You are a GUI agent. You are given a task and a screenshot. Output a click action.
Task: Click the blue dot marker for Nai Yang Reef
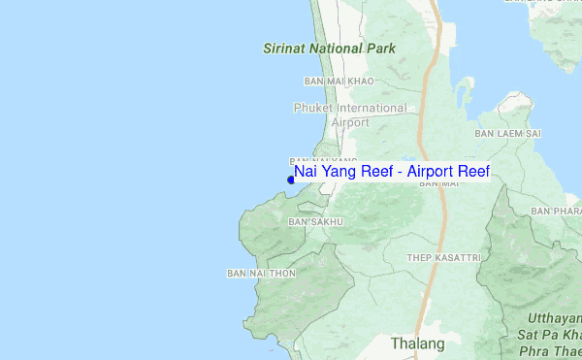coord(291,180)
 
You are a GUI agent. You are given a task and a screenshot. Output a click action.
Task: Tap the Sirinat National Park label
coord(330,48)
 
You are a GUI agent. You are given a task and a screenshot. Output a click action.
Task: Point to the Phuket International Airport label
coord(350,115)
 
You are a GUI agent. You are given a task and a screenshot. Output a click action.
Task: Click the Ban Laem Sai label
coord(507,133)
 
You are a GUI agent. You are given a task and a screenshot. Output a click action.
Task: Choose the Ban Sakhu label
coord(316,222)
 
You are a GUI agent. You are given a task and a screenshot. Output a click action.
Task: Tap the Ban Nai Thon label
coord(260,274)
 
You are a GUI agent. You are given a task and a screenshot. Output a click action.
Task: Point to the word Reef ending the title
coord(471,172)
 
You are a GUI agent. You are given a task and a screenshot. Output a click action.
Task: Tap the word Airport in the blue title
coord(430,172)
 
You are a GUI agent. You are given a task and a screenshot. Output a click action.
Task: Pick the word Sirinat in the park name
coord(285,48)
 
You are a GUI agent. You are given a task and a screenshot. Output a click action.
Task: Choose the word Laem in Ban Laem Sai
coord(509,133)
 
